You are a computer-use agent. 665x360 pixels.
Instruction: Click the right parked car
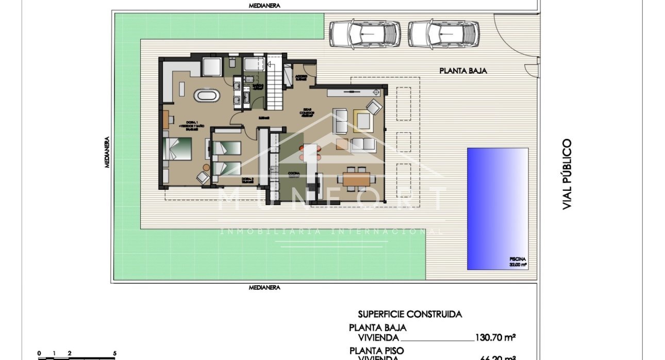tap(444, 34)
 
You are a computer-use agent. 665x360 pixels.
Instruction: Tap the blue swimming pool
tap(497, 208)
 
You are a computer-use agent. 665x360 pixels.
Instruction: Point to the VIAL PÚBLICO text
tap(567, 174)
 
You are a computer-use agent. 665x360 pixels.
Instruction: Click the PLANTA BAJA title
tap(463, 71)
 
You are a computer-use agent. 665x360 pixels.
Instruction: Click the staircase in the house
tap(274, 83)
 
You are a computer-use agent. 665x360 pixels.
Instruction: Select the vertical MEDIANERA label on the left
tap(107, 152)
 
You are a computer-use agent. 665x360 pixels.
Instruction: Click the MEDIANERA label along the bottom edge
tap(264, 287)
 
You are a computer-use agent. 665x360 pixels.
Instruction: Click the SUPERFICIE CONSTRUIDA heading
tap(410, 314)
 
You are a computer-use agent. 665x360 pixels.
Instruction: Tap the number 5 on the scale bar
tap(114, 353)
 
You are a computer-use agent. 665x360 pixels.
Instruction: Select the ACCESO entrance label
tap(301, 78)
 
